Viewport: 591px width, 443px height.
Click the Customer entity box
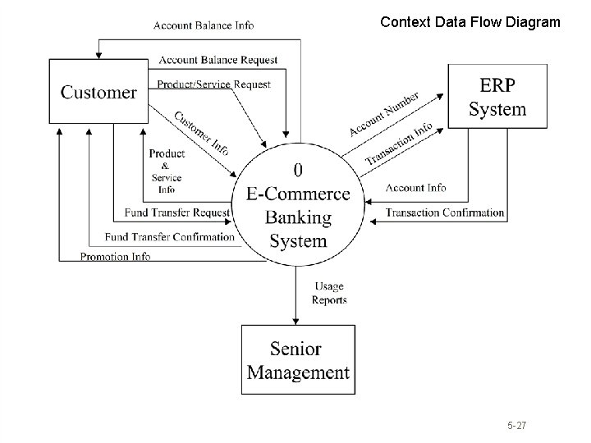[98, 91]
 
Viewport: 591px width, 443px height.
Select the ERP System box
[497, 97]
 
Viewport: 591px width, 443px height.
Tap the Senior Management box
[298, 360]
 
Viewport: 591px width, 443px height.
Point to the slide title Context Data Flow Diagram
[470, 23]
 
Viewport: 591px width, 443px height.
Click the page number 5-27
[516, 426]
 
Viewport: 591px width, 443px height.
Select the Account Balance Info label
[204, 25]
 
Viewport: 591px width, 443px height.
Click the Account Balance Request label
[218, 60]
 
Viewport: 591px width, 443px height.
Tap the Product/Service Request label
[213, 84]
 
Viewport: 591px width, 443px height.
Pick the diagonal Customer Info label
[201, 133]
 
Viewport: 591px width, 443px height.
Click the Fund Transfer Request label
[177, 212]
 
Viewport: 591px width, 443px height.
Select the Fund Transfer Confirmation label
[170, 237]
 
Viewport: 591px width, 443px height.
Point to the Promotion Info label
[115, 256]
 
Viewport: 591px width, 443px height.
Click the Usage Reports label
[328, 293]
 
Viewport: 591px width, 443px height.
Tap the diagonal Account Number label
[383, 115]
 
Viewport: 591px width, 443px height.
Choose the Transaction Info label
[399, 142]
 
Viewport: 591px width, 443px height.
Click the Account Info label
[415, 188]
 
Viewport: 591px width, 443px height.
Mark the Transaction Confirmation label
[444, 212]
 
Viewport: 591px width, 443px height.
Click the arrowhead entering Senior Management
[295, 320]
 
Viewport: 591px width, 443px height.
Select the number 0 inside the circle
[297, 170]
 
